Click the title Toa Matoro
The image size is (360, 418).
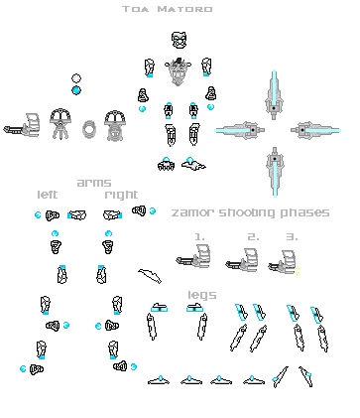click(180, 10)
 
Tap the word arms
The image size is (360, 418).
click(94, 183)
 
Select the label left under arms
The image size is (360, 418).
click(49, 195)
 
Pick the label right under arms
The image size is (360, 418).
click(122, 195)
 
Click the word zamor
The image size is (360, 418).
click(192, 212)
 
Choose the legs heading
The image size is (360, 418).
click(202, 294)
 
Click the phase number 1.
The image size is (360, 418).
click(199, 236)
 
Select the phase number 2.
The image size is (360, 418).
click(253, 236)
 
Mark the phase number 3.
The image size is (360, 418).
click(291, 236)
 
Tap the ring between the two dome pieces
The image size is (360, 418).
click(89, 129)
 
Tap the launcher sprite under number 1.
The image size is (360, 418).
click(194, 260)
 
